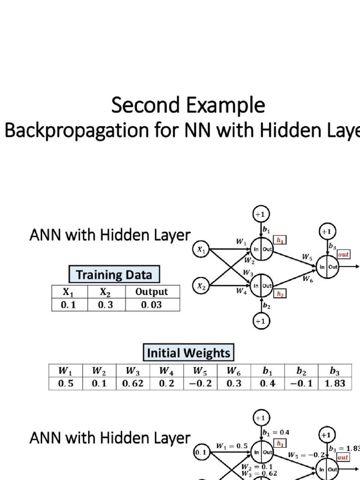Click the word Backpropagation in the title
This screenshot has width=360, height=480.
pyautogui.click(x=70, y=131)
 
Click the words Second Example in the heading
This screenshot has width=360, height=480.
pyautogui.click(x=188, y=105)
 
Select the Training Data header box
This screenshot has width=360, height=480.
pyautogui.click(x=114, y=274)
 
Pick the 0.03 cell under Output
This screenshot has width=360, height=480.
pyautogui.click(x=151, y=305)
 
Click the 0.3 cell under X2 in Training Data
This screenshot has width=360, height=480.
pyautogui.click(x=105, y=305)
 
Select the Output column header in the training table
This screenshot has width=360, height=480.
pyautogui.click(x=151, y=292)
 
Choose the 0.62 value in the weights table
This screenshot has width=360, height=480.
pyautogui.click(x=133, y=383)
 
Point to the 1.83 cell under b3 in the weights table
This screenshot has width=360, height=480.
pyautogui.click(x=334, y=383)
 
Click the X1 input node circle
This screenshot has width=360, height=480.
pyautogui.click(x=201, y=250)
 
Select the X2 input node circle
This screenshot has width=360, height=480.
pyautogui.click(x=201, y=285)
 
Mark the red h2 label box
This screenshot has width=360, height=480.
pyautogui.click(x=280, y=294)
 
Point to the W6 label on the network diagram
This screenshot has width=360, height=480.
pyautogui.click(x=307, y=279)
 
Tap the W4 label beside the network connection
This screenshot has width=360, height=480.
pyautogui.click(x=241, y=291)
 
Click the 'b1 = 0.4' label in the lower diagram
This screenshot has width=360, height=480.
pyautogui.click(x=276, y=432)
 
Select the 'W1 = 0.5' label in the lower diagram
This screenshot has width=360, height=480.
pyautogui.click(x=232, y=446)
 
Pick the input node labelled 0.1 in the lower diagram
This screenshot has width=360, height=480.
pyautogui.click(x=200, y=452)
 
